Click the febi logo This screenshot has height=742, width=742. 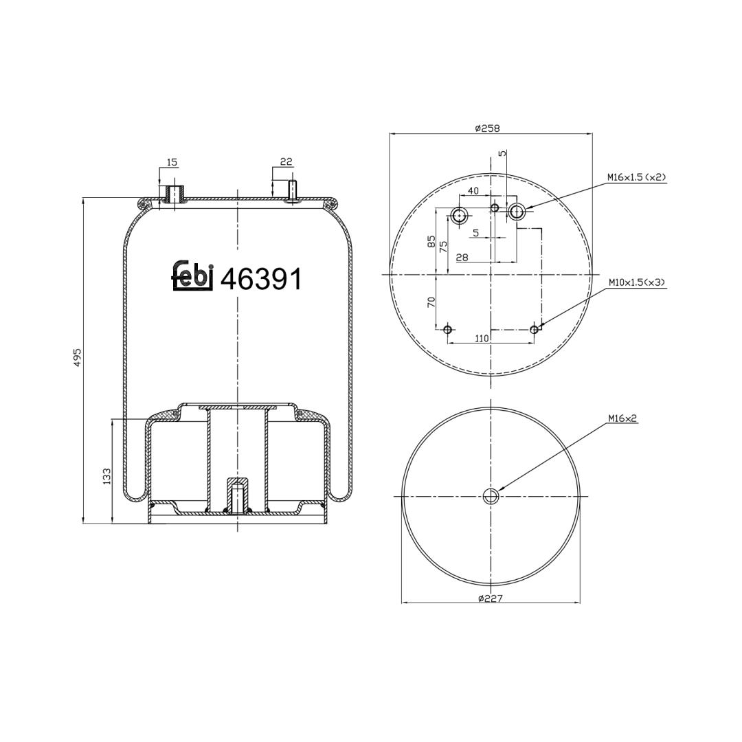[x=192, y=276]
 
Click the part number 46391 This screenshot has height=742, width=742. [x=262, y=279]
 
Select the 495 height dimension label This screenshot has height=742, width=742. [x=78, y=357]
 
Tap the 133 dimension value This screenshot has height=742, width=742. [x=106, y=475]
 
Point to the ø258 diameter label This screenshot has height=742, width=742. [x=487, y=128]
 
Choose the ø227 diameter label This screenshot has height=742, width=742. [x=490, y=598]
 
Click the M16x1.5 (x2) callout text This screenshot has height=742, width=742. [x=637, y=177]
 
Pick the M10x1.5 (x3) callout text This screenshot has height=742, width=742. [x=637, y=282]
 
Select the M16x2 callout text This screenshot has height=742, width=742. [x=622, y=418]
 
